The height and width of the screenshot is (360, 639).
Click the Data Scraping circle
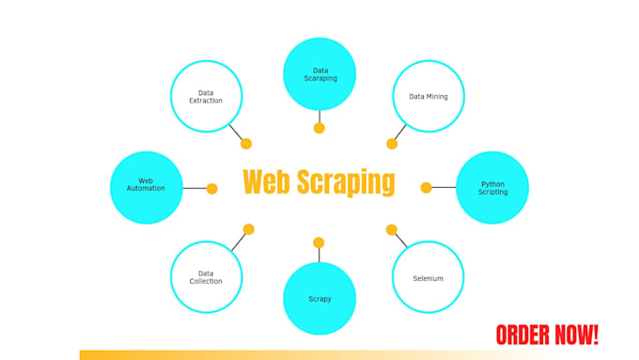[319, 74]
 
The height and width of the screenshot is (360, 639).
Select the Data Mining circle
[428, 96]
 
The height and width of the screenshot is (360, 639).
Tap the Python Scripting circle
[492, 188]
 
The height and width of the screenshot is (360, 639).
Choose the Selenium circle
[428, 277]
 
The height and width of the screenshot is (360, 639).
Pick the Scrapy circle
[319, 299]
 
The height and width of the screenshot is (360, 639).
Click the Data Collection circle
[206, 277]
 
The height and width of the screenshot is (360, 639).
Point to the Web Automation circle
[146, 187]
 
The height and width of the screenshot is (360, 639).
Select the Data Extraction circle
[206, 96]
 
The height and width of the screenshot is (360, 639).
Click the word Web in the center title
[266, 182]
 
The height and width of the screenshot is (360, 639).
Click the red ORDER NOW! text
[547, 335]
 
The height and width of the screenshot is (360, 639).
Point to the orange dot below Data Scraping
[319, 128]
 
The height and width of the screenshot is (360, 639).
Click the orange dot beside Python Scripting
[426, 188]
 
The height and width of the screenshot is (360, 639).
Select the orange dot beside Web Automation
[211, 188]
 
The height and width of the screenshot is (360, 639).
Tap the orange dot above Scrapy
[319, 243]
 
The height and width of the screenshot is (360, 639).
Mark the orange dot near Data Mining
[392, 144]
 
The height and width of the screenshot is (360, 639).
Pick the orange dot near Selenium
[391, 229]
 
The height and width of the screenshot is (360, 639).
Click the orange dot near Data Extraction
[246, 144]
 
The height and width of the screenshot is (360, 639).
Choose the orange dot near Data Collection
[248, 228]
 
